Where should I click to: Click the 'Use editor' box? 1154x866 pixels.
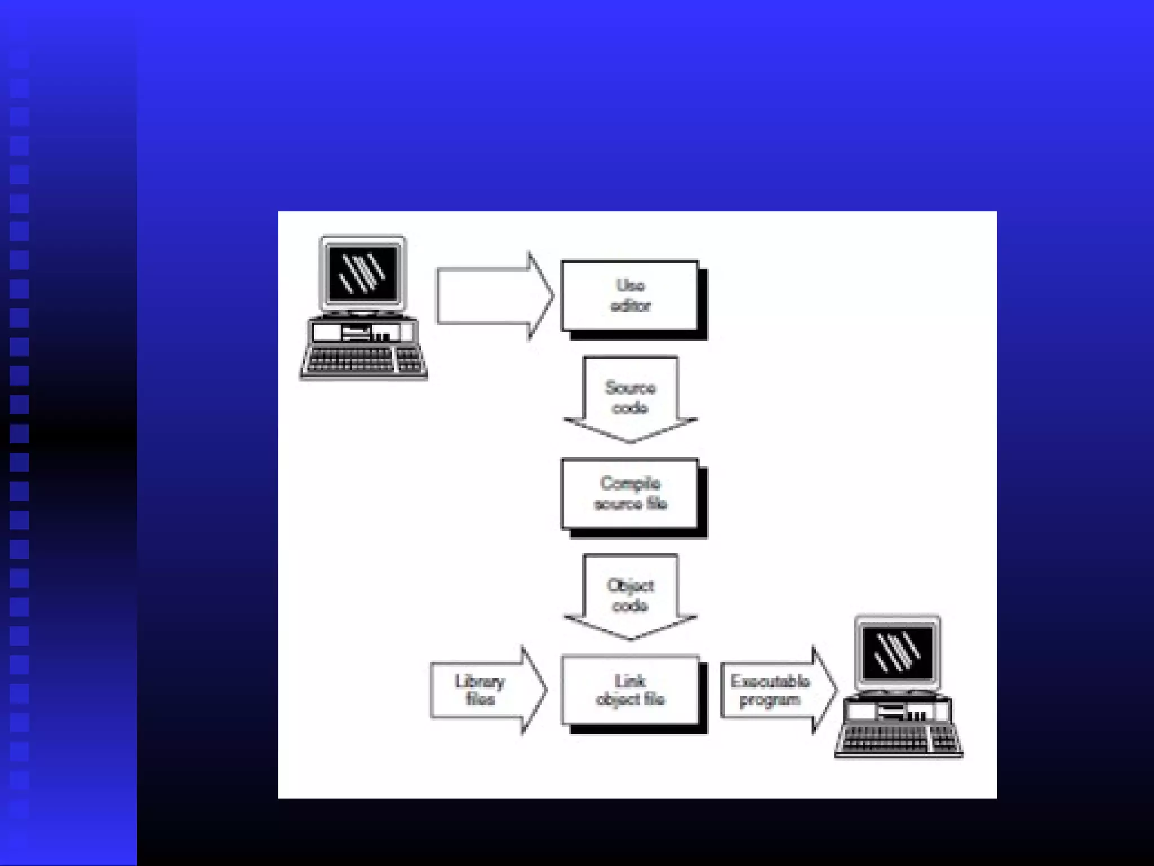(630, 295)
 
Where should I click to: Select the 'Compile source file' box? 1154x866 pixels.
(630, 493)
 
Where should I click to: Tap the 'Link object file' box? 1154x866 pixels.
(630, 690)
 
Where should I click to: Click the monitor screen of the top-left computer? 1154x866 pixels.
(362, 273)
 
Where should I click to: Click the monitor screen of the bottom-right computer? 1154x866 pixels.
(898, 652)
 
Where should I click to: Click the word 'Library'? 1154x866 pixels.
(480, 681)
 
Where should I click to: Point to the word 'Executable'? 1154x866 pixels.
(770, 681)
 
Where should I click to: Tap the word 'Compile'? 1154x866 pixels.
(630, 483)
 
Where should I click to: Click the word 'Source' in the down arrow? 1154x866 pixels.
(631, 388)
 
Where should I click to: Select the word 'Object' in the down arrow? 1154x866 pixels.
(631, 586)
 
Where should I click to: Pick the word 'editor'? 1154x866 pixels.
(631, 306)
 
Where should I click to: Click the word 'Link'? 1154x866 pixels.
(630, 681)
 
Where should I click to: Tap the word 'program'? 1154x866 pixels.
(770, 700)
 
